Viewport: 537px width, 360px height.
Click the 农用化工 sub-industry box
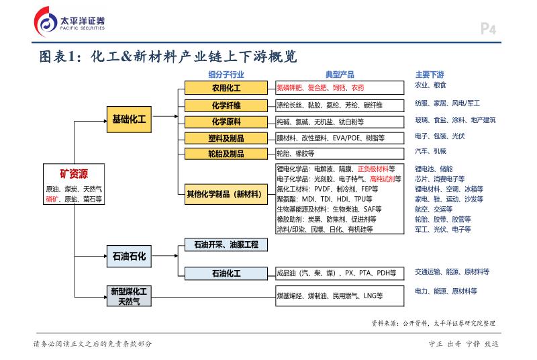[x=226, y=88]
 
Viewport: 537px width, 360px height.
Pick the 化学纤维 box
[x=226, y=105]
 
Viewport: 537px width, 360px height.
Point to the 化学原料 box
[x=226, y=122]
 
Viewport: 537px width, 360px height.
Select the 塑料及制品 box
[x=226, y=138]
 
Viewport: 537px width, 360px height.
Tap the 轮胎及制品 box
[x=226, y=154]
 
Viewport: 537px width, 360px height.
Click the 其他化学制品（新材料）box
[x=226, y=195]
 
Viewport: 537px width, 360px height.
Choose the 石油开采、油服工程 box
[x=226, y=245]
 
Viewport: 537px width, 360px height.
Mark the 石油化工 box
[x=226, y=273]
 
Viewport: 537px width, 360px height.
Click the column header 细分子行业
[x=226, y=74]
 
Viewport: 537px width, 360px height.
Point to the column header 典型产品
[x=340, y=74]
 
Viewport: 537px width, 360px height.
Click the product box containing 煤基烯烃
[x=340, y=296]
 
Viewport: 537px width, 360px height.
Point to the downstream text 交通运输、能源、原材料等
[x=452, y=272]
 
